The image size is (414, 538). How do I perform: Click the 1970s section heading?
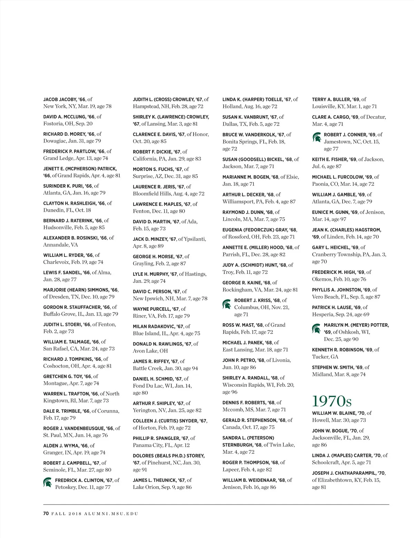pos(332,401)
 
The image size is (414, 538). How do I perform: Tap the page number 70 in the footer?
pos(46,513)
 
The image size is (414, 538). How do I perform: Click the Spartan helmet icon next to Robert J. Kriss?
pos(227,304)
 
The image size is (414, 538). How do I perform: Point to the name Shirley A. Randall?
pos(246,378)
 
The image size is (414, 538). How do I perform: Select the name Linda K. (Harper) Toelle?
pos(252,99)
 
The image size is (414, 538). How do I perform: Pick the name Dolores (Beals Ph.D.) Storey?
pos(168,456)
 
